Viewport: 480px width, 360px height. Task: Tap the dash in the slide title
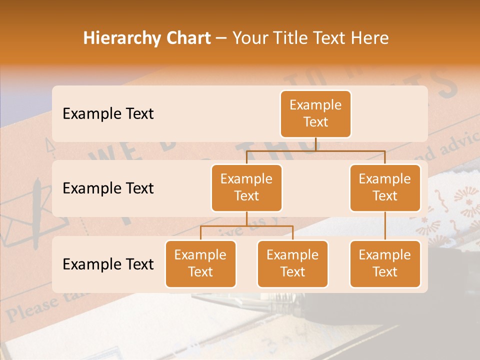(x=221, y=38)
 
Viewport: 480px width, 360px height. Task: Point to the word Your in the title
(x=250, y=38)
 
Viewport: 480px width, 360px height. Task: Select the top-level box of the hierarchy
(x=315, y=114)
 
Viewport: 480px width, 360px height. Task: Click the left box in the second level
(x=246, y=188)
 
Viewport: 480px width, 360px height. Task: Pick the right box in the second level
(x=385, y=188)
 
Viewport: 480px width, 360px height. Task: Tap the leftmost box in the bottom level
(x=200, y=264)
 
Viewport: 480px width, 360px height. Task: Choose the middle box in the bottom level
(x=292, y=264)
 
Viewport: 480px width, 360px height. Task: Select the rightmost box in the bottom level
(x=385, y=264)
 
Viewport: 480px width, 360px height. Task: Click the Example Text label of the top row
(x=108, y=114)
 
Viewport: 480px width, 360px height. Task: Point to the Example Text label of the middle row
(x=108, y=188)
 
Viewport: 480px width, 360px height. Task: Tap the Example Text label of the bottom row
(x=108, y=264)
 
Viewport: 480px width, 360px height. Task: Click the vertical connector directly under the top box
(x=315, y=144)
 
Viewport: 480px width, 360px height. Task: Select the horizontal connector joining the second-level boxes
(x=315, y=150)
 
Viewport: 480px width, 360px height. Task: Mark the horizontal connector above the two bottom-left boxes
(x=246, y=226)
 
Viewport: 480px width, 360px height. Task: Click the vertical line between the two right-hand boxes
(x=385, y=226)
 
